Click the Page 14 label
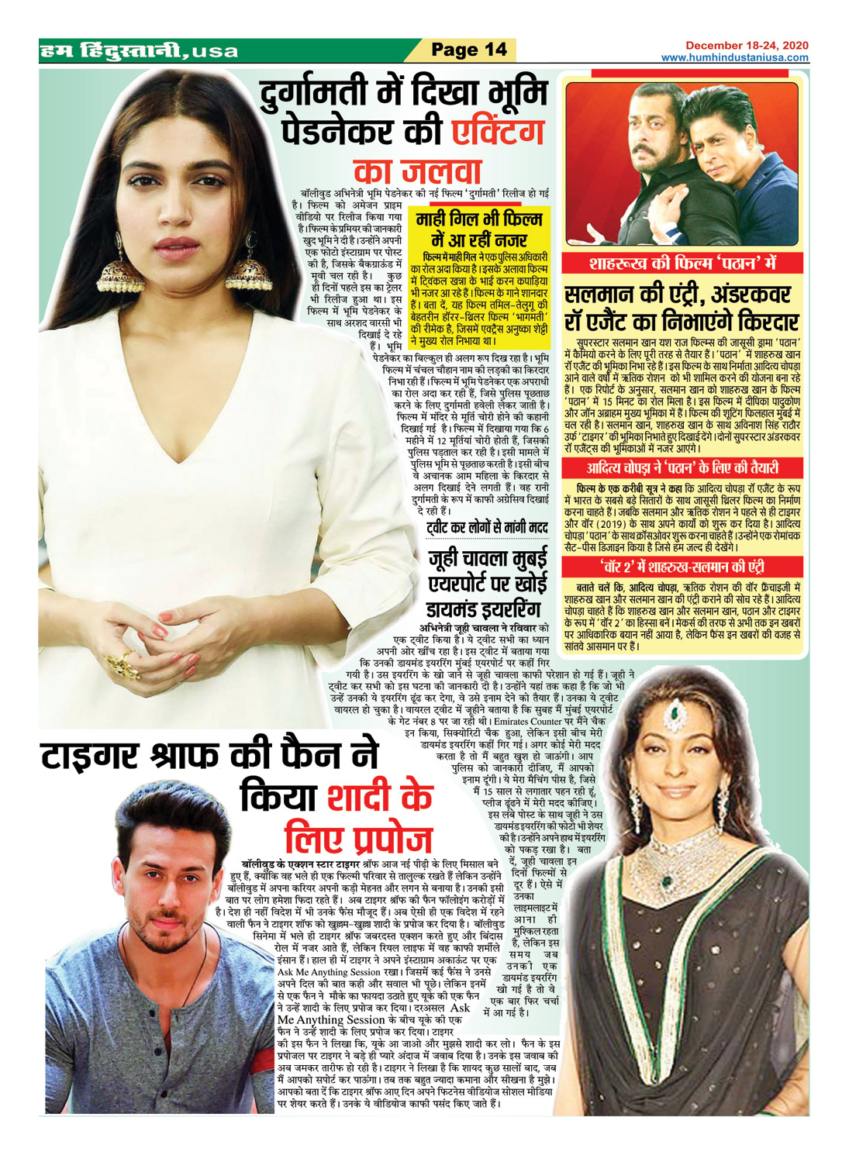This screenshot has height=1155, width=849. pos(468,50)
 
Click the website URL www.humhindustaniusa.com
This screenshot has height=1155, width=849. pos(734,57)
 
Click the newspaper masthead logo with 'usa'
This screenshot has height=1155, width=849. pos(140,52)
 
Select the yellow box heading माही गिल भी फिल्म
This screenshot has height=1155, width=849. pos(479,218)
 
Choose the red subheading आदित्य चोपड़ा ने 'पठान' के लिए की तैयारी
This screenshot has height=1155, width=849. pos(682,468)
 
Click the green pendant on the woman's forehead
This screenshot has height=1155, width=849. pos(674,712)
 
